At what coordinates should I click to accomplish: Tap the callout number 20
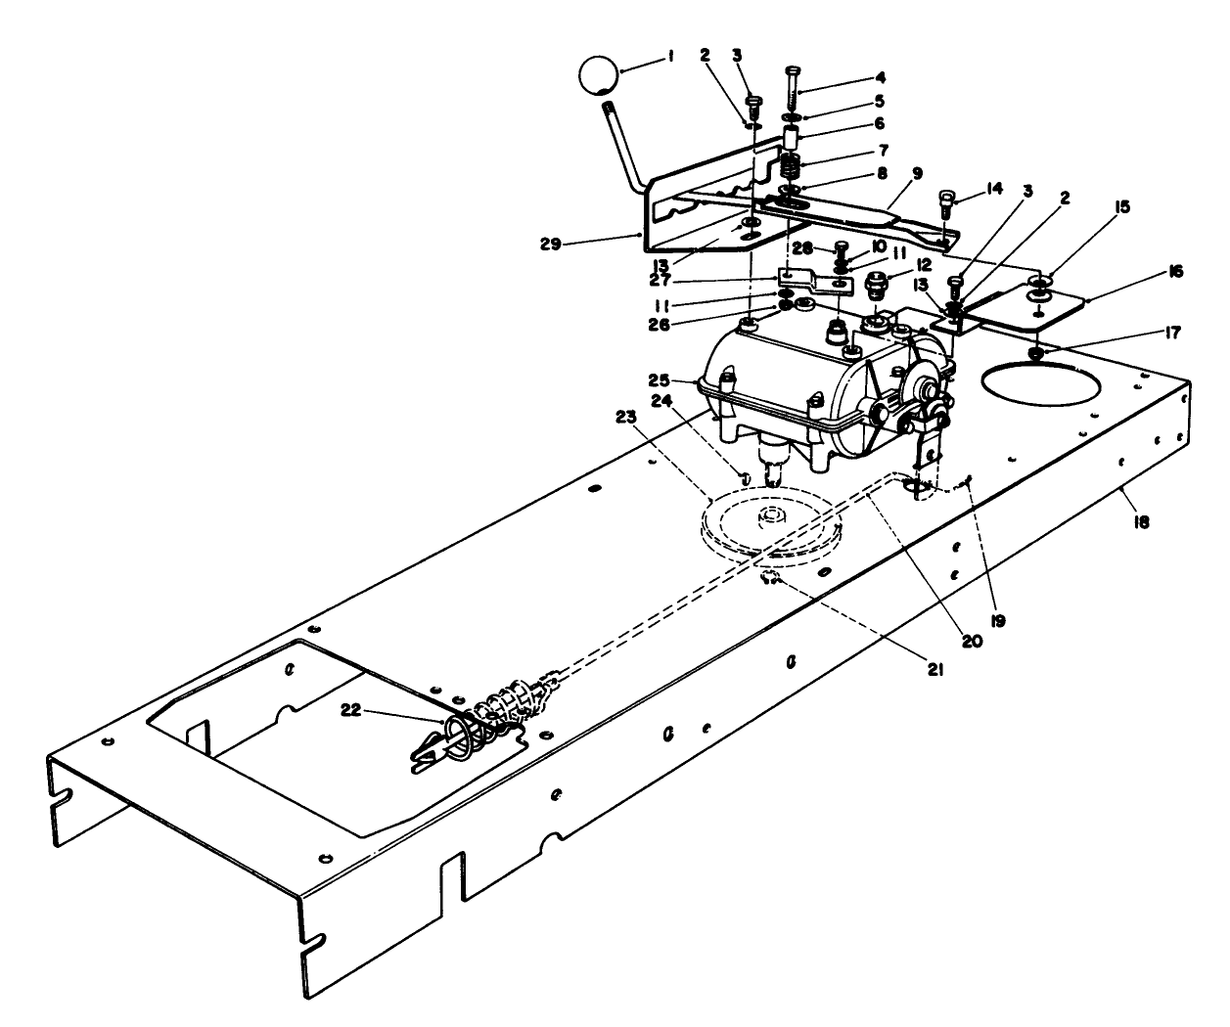tap(971, 642)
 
